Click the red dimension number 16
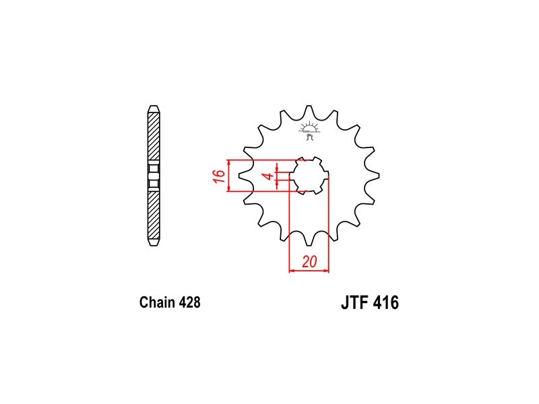pyautogui.click(x=220, y=176)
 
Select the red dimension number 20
pyautogui.click(x=309, y=262)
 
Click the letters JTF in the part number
pyautogui.click(x=355, y=302)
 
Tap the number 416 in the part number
pyautogui.click(x=386, y=302)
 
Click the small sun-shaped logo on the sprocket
pyautogui.click(x=309, y=130)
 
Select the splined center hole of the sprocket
pyautogui.click(x=309, y=176)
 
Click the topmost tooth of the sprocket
pyautogui.click(x=309, y=110)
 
